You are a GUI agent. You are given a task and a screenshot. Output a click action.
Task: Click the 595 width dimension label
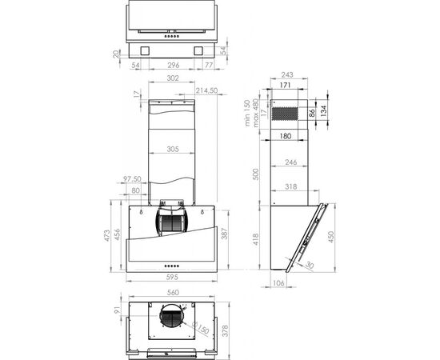pyautogui.click(x=172, y=278)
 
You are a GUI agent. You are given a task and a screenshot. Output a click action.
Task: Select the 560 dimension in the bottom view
pyautogui.click(x=173, y=293)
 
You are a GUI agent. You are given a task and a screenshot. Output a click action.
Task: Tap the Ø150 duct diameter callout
pyautogui.click(x=201, y=327)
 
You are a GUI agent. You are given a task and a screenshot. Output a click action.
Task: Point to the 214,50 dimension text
pyautogui.click(x=206, y=90)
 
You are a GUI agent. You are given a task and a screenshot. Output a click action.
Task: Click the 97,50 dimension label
pyautogui.click(x=132, y=178)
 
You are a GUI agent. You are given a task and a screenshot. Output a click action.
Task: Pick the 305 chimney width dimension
pyautogui.click(x=173, y=149)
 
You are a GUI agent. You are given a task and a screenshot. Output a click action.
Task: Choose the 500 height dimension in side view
pyautogui.click(x=256, y=174)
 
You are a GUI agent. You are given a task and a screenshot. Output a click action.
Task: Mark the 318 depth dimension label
pyautogui.click(x=291, y=186)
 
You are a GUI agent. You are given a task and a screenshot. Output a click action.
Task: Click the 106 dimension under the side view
pyautogui.click(x=278, y=283)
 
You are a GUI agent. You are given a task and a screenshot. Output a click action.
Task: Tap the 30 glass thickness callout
pyautogui.click(x=309, y=265)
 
